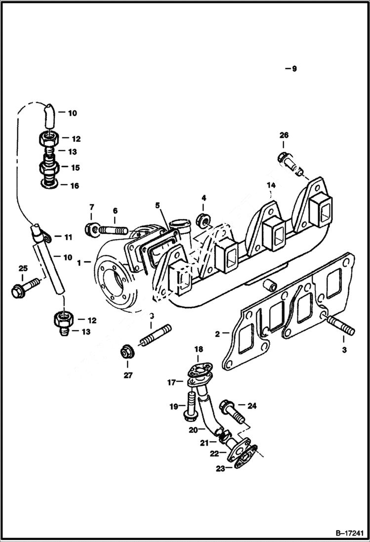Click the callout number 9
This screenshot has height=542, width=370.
point(294,69)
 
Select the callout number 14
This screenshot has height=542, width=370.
point(270,185)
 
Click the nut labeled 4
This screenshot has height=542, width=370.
point(202,218)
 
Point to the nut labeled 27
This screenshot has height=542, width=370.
point(126,353)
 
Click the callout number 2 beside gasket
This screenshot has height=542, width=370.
point(218,334)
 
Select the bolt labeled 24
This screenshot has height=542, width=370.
point(233,410)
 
